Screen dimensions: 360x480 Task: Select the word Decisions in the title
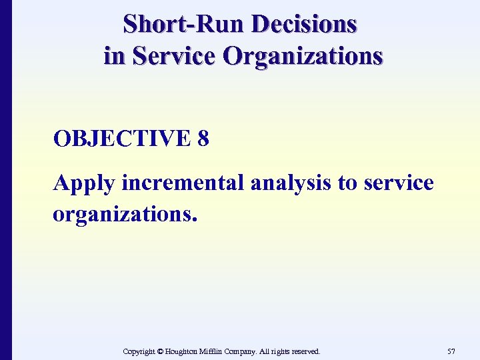pyautogui.click(x=305, y=25)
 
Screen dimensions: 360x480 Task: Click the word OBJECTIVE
pyautogui.click(x=122, y=139)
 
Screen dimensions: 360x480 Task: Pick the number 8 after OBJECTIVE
pyautogui.click(x=203, y=139)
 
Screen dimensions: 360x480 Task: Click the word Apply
pyautogui.click(x=83, y=183)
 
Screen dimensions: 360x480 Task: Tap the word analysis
pyautogui.click(x=292, y=183)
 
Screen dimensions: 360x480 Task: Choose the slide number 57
pyautogui.click(x=452, y=351)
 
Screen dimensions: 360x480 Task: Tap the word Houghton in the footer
pyautogui.click(x=186, y=351)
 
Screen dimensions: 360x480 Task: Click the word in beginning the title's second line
pyautogui.click(x=114, y=56)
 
